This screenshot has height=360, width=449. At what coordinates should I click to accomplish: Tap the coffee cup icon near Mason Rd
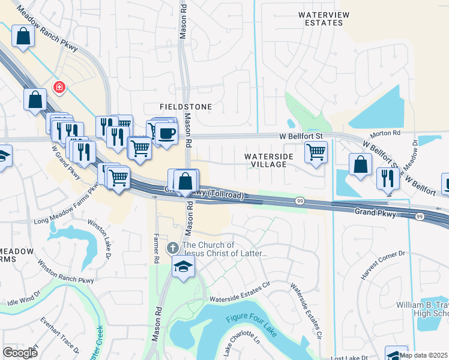[167, 133]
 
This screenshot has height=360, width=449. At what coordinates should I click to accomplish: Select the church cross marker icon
[172, 248]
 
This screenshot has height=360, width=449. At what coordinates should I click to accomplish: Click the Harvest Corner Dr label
[384, 265]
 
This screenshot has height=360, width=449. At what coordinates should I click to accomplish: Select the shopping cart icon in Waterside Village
[316, 151]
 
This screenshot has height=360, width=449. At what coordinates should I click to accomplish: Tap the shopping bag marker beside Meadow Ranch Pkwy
[23, 36]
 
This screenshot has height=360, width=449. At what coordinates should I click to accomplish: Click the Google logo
[20, 353]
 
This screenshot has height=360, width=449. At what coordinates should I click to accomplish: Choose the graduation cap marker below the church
[182, 266]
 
